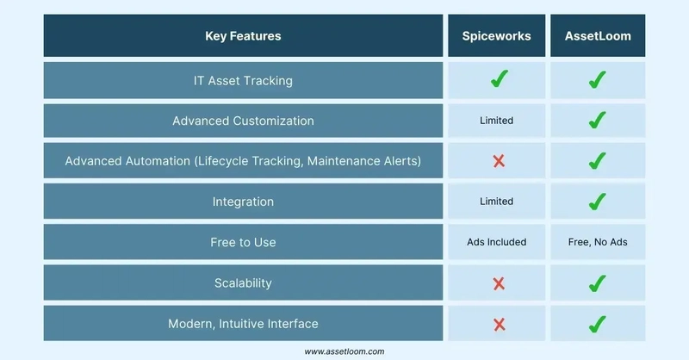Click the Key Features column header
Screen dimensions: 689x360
[x=243, y=36]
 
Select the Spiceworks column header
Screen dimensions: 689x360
[x=497, y=36]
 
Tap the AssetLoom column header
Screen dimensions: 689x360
[x=598, y=36]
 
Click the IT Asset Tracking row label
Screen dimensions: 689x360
[x=243, y=81]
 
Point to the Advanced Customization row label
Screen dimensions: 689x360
[x=243, y=121]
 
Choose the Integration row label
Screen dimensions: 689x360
[x=243, y=202]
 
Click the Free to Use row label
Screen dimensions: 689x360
[x=243, y=242]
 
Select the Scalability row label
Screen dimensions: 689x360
[x=243, y=283]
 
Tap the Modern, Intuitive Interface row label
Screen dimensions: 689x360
[x=243, y=324]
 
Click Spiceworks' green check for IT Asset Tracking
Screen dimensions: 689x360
[x=500, y=79]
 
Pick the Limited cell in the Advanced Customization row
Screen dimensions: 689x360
[x=497, y=121]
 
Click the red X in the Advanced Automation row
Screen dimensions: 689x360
[x=499, y=161]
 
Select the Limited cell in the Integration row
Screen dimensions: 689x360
[x=497, y=202]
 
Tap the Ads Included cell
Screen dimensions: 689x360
[x=497, y=242]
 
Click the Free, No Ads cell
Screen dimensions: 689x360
[x=598, y=242]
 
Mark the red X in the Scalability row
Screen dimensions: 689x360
[x=499, y=284]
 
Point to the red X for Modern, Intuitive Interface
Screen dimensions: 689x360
[x=499, y=325]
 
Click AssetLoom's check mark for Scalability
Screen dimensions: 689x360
[x=597, y=283]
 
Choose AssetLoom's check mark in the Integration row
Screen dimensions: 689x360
[x=597, y=202]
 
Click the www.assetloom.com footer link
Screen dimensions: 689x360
[x=344, y=351]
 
